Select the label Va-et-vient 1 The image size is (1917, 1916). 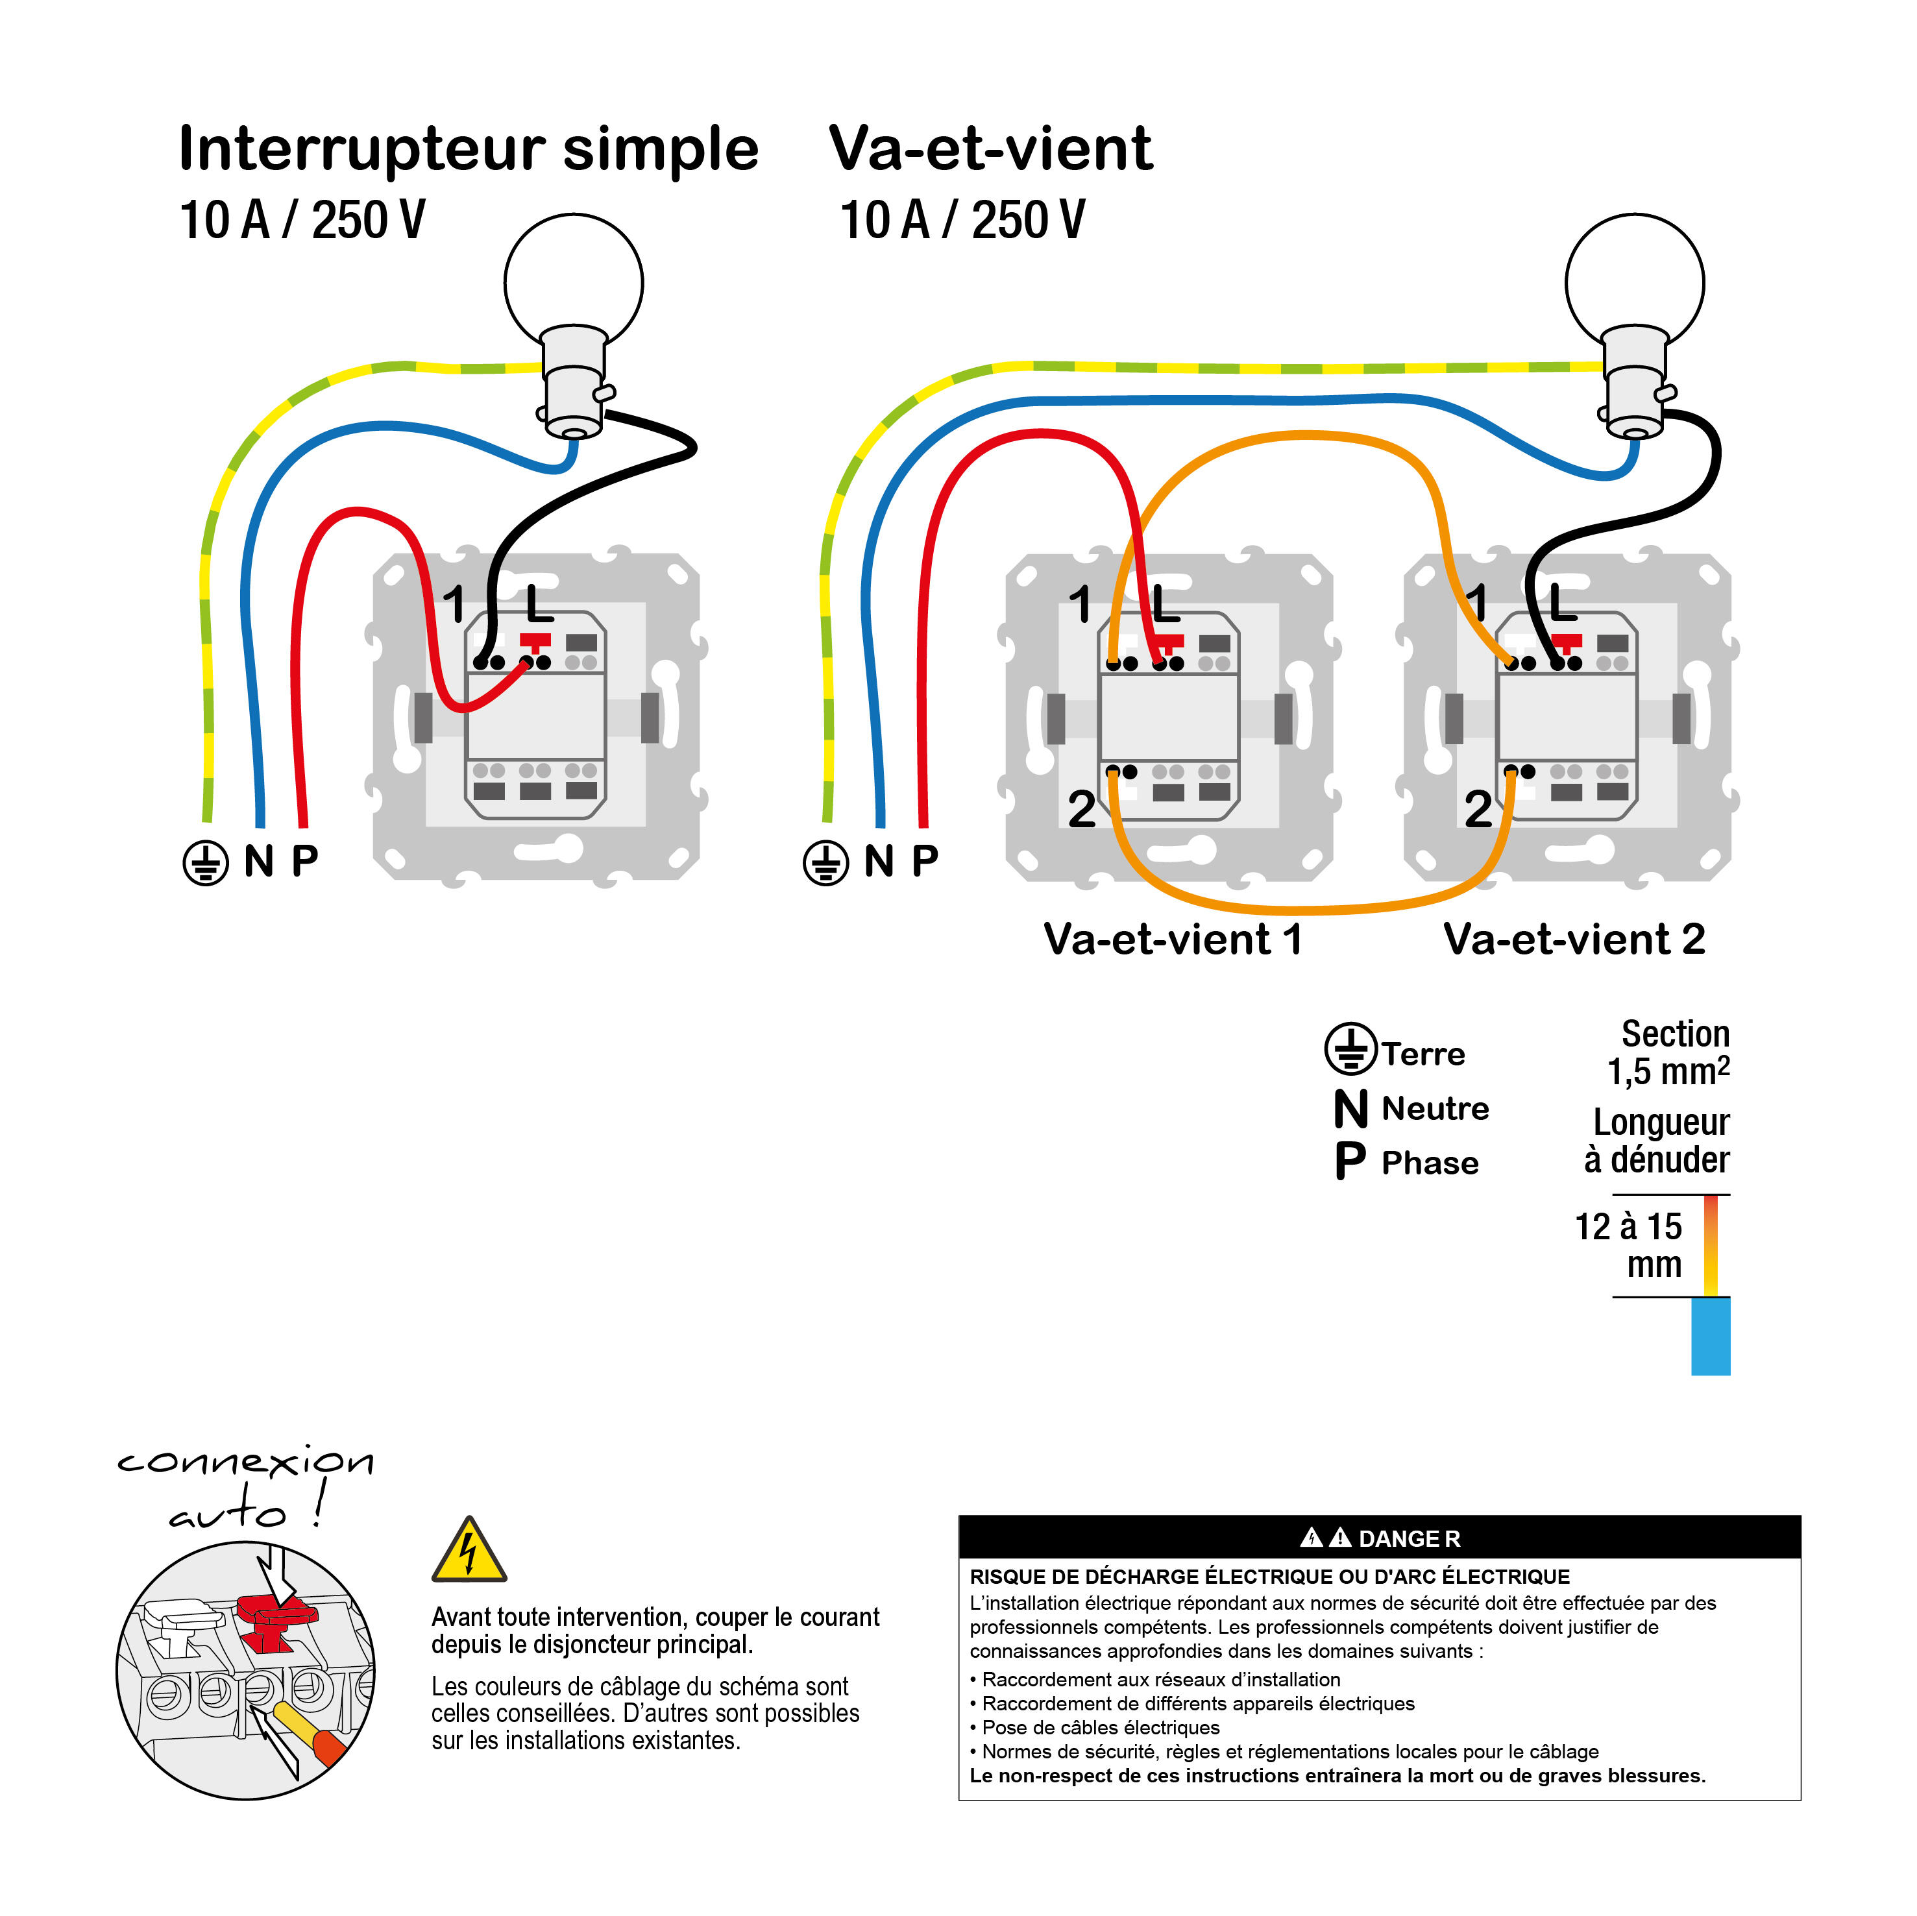1173,939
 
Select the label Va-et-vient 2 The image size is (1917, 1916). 1574,939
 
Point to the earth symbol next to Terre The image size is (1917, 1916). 1350,1049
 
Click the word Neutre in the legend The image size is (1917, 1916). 1435,1108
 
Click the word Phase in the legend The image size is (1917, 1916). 1430,1163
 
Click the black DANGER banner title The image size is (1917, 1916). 1379,1538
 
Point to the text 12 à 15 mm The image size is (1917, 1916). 1630,1245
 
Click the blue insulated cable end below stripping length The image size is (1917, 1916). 1711,1337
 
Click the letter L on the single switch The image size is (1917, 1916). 539,603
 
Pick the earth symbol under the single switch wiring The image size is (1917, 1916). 205,862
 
